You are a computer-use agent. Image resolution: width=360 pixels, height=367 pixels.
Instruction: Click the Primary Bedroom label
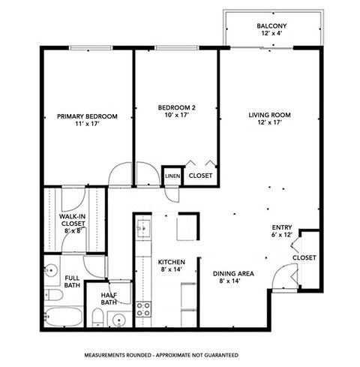[x=88, y=120]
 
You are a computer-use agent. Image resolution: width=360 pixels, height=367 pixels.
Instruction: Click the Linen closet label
[x=172, y=176]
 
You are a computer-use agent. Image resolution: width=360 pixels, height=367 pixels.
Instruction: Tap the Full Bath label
[x=73, y=281]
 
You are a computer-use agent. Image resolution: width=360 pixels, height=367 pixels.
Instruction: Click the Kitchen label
[x=171, y=265]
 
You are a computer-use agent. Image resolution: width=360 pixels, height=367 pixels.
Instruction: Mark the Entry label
[x=282, y=230]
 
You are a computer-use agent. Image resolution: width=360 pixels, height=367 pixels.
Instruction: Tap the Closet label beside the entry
[x=304, y=257]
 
